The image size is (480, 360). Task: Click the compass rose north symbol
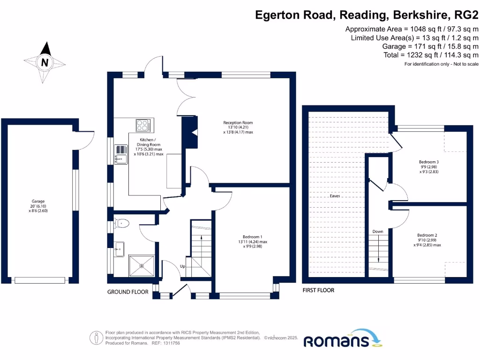point(45,62)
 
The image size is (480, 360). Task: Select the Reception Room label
point(238,127)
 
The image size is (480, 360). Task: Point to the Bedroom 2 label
point(427,240)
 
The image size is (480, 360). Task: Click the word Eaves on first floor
point(334,196)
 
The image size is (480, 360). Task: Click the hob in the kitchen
point(143,125)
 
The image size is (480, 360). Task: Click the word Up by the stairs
point(183,266)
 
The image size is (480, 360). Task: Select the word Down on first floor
point(378,232)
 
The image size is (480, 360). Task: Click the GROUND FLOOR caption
point(128,292)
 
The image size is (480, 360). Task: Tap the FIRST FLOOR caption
point(319,290)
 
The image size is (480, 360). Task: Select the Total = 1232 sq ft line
point(430,55)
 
